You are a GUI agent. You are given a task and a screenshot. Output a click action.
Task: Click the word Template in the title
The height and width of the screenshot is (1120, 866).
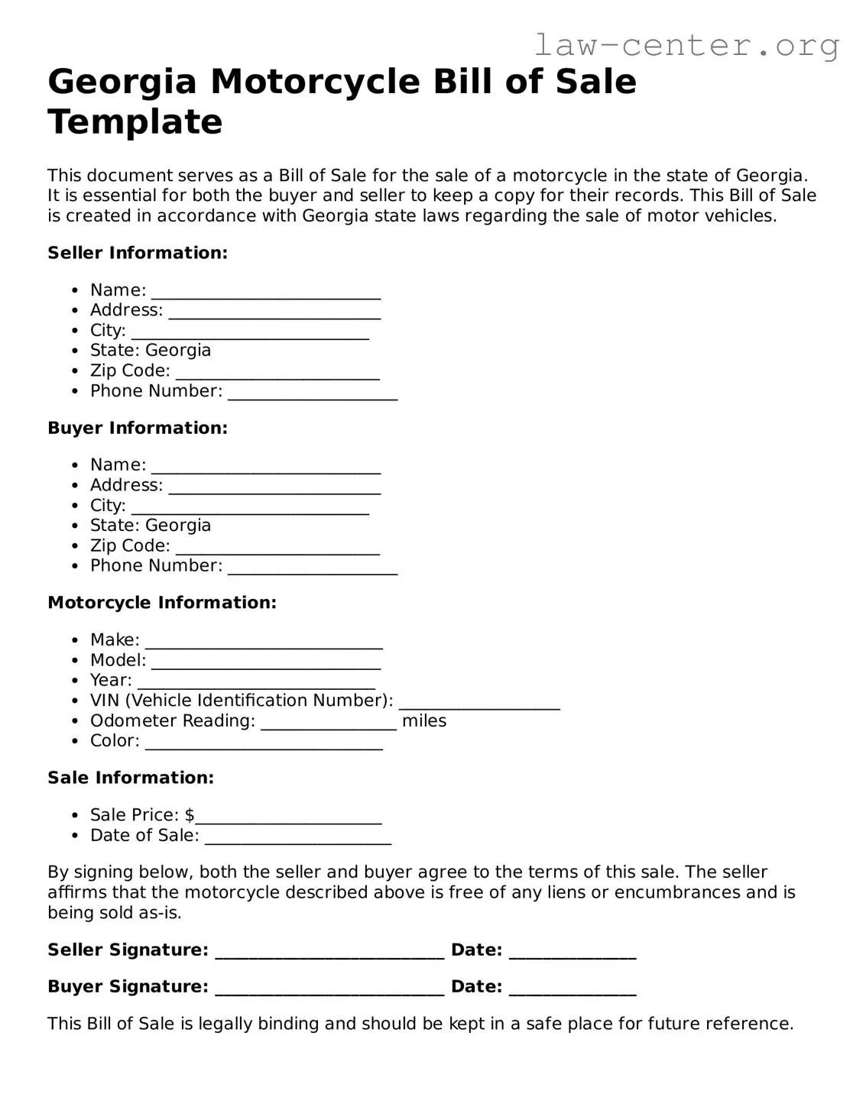pos(135,122)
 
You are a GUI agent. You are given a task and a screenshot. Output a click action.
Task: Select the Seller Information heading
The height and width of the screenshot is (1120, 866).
pos(138,253)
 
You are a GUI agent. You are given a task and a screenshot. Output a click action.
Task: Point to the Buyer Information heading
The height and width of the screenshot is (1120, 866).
pos(138,428)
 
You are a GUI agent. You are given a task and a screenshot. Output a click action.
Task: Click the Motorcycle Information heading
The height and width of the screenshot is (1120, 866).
pos(162,603)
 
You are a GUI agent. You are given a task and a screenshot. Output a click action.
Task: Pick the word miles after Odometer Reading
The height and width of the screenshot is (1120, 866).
pos(424,721)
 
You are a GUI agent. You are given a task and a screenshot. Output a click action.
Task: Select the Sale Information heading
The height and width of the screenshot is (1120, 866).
pos(131,778)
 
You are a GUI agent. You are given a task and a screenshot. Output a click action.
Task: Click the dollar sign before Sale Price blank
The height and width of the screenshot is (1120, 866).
pos(190,815)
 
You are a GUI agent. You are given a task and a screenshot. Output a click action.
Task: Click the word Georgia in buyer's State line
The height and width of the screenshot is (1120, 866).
pos(177,526)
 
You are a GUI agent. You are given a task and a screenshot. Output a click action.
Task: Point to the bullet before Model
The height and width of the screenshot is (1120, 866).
pos(75,661)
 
